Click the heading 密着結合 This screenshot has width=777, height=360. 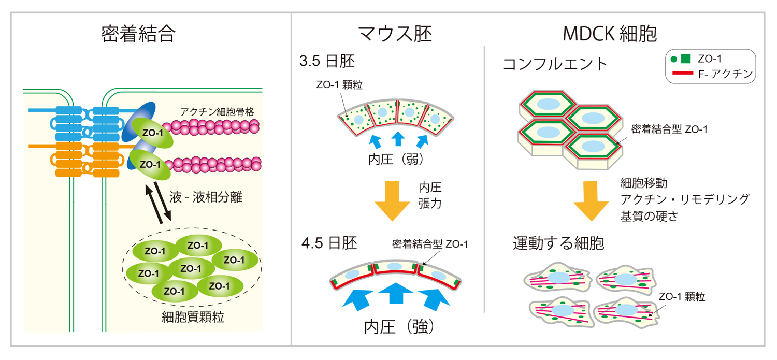[138, 34]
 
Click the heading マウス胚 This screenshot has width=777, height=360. [395, 34]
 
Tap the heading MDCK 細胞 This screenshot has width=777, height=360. [610, 34]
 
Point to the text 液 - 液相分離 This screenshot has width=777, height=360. [206, 197]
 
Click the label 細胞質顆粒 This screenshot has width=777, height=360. [193, 316]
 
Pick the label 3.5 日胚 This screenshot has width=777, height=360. [327, 62]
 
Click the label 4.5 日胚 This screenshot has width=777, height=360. [329, 243]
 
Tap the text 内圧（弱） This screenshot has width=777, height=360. [397, 160]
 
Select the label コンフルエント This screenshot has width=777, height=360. [555, 64]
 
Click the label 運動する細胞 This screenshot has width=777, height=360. [558, 243]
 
